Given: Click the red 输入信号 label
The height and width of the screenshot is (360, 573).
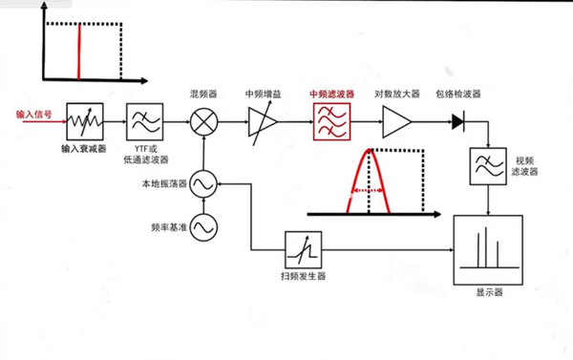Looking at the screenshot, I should pos(33,113).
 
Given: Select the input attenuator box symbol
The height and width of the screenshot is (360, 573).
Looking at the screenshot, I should pos(84,121).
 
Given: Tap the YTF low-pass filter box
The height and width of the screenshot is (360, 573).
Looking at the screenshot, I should pos(145,121).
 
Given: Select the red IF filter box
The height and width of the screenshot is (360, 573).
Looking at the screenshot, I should pos(330,121).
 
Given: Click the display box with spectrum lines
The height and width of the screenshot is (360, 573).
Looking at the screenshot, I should pos(488,249).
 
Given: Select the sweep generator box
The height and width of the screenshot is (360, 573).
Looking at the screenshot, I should pos(303,251).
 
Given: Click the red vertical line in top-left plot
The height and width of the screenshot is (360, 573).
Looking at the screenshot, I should pos(79,52).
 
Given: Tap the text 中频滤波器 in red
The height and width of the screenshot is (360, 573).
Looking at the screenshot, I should pos(330,95).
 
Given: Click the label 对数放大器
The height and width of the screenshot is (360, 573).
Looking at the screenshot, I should pos(395,95).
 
